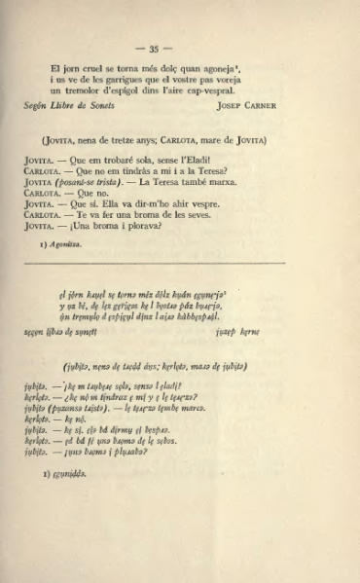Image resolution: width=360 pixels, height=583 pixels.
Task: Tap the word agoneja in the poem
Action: coord(222,65)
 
